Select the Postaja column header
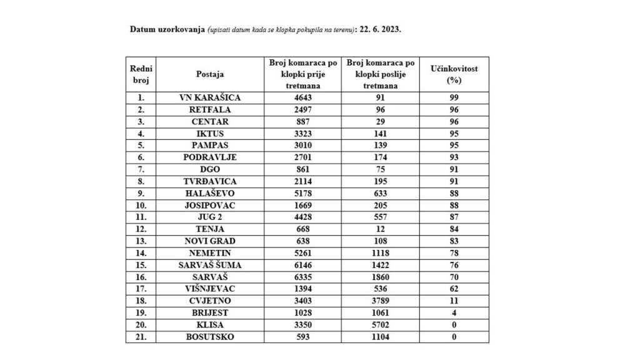point(209,74)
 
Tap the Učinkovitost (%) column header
point(454,74)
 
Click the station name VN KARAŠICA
point(209,97)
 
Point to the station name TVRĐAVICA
point(209,181)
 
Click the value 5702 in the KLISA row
point(381,325)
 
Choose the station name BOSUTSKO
point(209,337)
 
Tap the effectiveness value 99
point(454,97)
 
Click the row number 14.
point(141,253)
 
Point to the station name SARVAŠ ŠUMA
point(209,265)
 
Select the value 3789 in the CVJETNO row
point(381,301)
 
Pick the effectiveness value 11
point(454,301)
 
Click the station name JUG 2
point(209,217)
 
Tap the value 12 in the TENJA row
point(381,229)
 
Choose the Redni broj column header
point(141,74)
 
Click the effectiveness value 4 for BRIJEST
point(454,313)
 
